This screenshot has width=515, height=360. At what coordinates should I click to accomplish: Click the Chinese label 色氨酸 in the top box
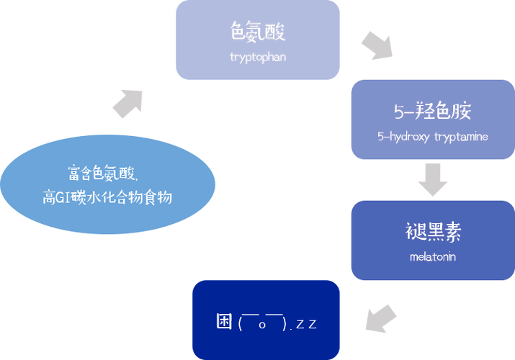click(258, 32)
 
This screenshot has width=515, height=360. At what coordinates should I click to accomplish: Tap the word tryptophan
click(258, 57)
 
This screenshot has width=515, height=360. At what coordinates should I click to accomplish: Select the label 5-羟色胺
click(433, 111)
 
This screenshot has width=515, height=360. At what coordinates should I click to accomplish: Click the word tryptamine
click(461, 136)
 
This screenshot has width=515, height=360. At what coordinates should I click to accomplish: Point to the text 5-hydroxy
click(403, 136)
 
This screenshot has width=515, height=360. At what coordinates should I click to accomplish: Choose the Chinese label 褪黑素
click(433, 232)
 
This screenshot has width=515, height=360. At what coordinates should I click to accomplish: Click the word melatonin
click(433, 256)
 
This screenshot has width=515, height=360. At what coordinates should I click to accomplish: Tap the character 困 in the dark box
click(224, 321)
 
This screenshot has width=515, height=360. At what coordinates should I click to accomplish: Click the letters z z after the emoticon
click(306, 324)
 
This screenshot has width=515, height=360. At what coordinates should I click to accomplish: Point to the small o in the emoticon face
click(262, 325)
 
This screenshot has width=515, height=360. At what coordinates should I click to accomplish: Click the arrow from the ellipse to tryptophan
click(128, 104)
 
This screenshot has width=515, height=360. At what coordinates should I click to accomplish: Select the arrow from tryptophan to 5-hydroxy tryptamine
click(377, 46)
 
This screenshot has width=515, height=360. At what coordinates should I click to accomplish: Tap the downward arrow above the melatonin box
click(433, 180)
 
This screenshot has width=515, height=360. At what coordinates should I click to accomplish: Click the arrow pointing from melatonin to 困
click(381, 319)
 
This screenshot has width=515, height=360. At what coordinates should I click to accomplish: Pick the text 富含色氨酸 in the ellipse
click(101, 173)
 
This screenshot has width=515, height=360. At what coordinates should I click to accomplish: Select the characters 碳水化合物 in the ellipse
click(106, 197)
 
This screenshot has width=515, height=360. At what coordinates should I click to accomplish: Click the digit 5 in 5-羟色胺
click(399, 112)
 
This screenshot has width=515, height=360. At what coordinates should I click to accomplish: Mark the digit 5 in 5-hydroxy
click(380, 136)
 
